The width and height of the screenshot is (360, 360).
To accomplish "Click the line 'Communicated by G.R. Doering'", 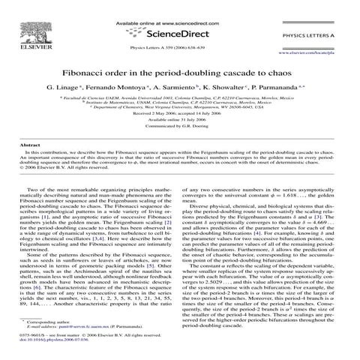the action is point(179,127).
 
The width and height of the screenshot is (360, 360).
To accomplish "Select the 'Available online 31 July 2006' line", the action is point(179,120).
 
